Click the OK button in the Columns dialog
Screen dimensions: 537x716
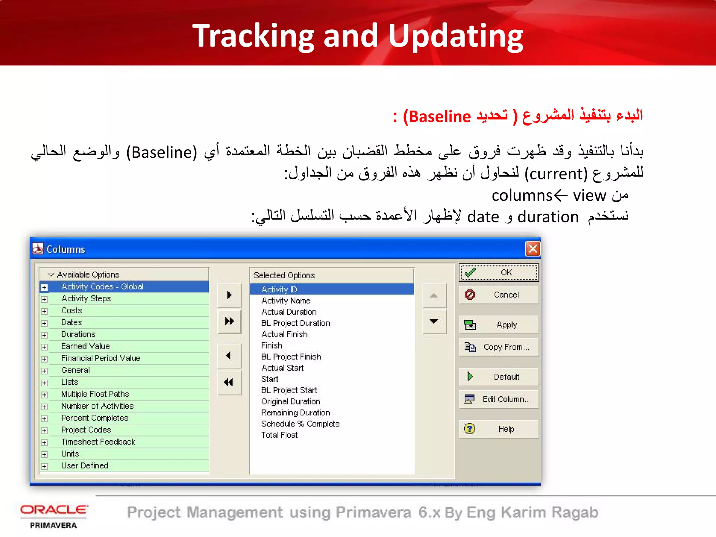pos(499,273)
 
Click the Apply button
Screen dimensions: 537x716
pos(499,325)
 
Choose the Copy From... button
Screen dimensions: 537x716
pos(499,347)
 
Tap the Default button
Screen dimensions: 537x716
pos(499,377)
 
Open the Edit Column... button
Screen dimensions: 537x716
pos(499,399)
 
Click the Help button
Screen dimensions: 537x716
pos(499,429)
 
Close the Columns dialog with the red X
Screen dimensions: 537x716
pos(533,249)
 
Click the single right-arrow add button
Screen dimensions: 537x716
pos(229,295)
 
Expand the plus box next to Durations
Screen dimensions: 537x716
pos(44,335)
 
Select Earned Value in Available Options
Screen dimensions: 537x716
pos(85,346)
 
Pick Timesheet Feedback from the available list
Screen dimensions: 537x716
pos(98,442)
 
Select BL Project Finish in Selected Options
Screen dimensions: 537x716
pos(291,357)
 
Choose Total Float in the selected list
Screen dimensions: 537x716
pos(279,435)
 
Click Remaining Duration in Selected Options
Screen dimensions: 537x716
pos(295,413)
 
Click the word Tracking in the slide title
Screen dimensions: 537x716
pos(253,36)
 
